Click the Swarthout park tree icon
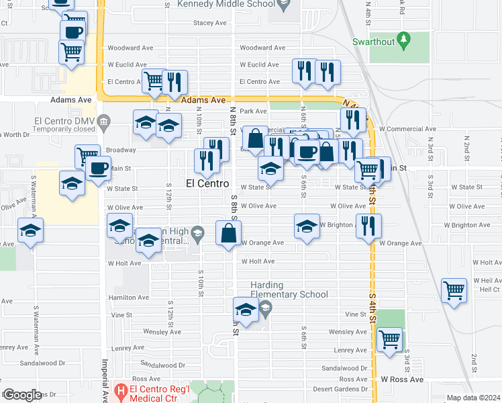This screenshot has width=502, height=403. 403,40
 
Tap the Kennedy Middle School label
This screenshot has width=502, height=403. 223,5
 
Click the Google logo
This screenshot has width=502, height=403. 21,395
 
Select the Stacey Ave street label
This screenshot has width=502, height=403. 209,23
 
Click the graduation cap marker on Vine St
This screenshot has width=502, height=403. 246,310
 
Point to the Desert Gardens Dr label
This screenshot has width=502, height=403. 344,390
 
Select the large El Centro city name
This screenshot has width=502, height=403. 207,183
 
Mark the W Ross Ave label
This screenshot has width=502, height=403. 403,379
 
